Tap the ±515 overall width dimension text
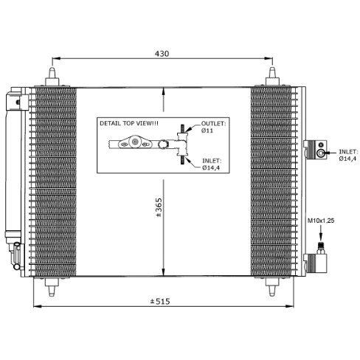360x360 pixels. coord(161,302)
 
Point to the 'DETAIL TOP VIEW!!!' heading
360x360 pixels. coord(128,123)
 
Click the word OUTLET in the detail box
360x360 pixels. coord(212,124)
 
